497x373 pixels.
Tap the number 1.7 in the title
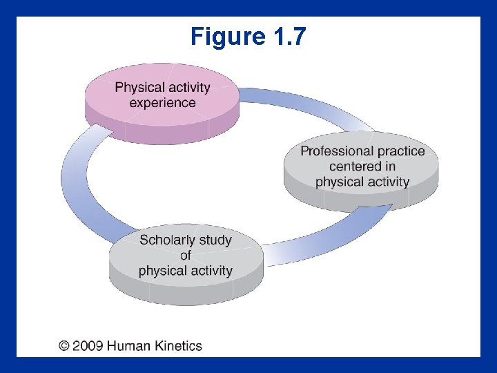point(286,36)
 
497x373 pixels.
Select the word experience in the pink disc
point(162,103)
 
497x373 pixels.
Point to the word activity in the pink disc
point(188,88)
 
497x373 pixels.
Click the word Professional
point(333,151)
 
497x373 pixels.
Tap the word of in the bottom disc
point(185,255)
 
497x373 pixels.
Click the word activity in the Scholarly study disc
point(208,270)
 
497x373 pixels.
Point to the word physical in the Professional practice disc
point(338,182)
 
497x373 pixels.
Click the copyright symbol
point(64,345)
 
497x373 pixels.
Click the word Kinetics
point(179,345)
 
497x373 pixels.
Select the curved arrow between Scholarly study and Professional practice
point(324,238)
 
